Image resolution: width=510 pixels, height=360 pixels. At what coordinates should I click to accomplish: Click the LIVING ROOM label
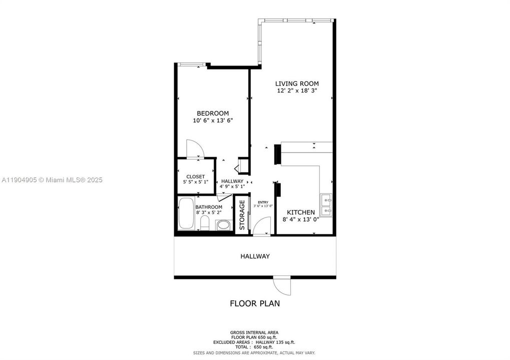click(x=297, y=83)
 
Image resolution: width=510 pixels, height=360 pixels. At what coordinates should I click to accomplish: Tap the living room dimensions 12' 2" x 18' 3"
click(x=297, y=90)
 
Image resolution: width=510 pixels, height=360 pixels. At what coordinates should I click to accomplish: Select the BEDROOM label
click(x=213, y=113)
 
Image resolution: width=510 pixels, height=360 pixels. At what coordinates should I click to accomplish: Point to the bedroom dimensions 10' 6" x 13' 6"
click(x=213, y=120)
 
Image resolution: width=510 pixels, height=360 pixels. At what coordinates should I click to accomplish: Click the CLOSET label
click(x=195, y=176)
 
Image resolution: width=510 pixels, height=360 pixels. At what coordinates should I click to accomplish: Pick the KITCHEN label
click(x=301, y=212)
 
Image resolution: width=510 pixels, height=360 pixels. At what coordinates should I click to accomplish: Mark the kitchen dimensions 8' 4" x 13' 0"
click(x=301, y=219)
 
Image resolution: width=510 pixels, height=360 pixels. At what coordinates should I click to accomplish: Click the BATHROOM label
click(x=209, y=207)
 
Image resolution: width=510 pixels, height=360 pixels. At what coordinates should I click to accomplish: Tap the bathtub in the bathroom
click(x=186, y=214)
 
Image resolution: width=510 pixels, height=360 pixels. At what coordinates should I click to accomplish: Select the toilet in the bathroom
click(x=223, y=226)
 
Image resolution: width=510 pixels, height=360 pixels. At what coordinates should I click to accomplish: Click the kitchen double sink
click(x=327, y=205)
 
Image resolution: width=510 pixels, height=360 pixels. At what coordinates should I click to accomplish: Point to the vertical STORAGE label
click(x=242, y=215)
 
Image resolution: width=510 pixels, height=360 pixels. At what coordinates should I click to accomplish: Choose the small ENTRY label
click(x=263, y=202)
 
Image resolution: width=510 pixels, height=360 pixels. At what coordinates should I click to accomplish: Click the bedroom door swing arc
click(x=195, y=148)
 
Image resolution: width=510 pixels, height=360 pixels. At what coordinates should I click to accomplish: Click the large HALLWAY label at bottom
click(x=255, y=256)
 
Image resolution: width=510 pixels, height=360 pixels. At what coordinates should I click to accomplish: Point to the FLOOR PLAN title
click(x=255, y=303)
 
